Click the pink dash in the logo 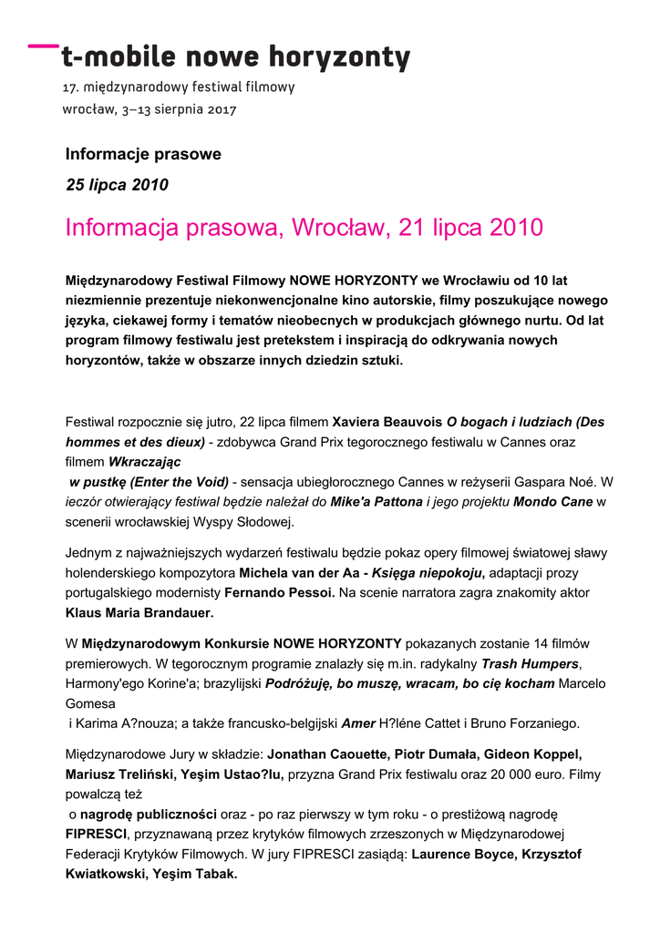point(41,44)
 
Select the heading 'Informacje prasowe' point(143,154)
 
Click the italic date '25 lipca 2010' point(117,185)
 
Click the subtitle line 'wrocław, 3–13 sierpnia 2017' point(149,109)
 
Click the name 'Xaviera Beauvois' point(387,422)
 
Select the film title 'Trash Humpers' point(531,663)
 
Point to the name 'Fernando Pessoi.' point(279,593)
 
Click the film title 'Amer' point(358,723)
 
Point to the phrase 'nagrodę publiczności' point(149,814)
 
